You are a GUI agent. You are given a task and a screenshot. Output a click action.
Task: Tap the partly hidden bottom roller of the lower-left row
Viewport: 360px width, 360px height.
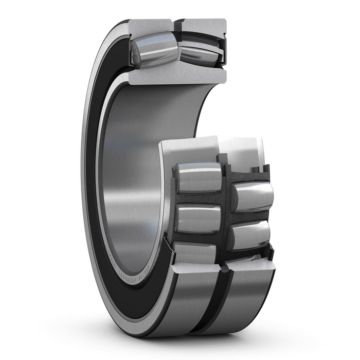(x=195, y=253)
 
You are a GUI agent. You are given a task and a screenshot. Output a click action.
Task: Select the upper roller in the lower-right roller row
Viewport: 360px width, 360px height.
(x=252, y=195)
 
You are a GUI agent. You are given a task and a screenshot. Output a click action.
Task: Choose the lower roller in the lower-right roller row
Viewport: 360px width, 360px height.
(x=249, y=234)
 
